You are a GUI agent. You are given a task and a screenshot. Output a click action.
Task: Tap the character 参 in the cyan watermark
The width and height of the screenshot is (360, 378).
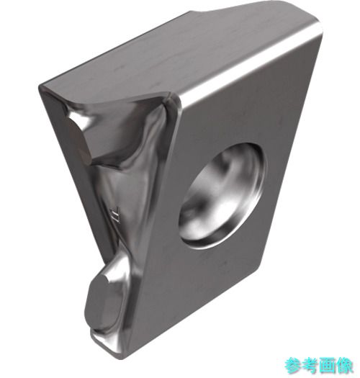point(293,366)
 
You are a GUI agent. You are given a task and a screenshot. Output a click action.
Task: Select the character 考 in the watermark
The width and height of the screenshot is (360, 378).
point(310,366)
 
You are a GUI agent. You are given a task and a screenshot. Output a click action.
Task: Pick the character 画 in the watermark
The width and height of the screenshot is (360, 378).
point(327,366)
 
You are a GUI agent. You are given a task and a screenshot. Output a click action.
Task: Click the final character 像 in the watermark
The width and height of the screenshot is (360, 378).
point(344,366)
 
